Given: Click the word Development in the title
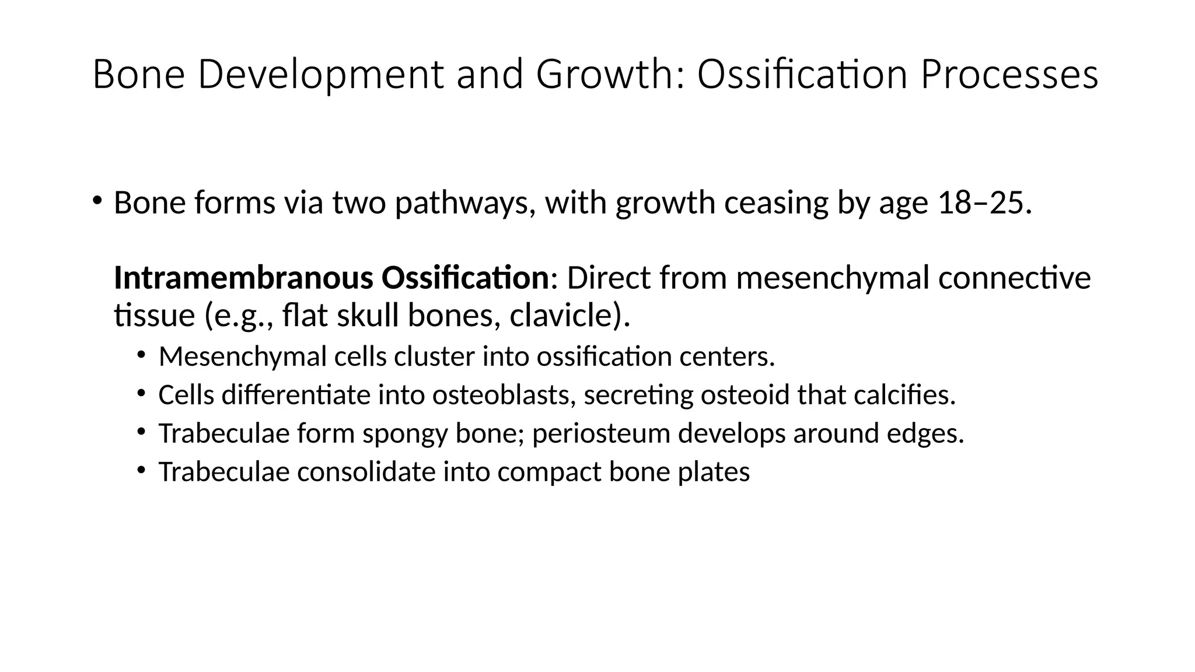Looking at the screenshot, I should (x=320, y=75).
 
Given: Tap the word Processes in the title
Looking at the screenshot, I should (x=1009, y=75).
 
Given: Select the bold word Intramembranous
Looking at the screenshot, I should (x=243, y=278).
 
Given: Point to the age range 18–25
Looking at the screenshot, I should (x=980, y=203).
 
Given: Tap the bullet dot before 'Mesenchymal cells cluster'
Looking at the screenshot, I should (x=141, y=355).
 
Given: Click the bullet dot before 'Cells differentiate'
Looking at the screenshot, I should (x=141, y=394).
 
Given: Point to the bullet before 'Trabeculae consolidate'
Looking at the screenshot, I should (x=141, y=470).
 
